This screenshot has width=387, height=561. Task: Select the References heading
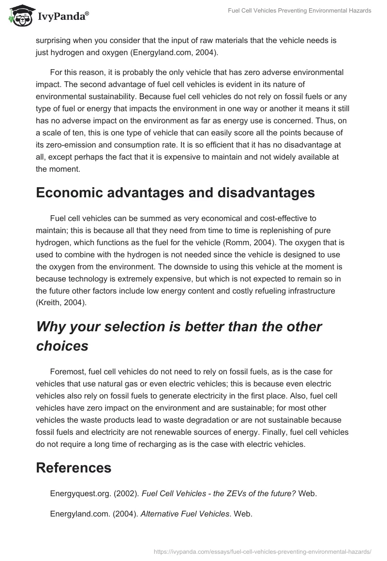click(74, 467)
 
